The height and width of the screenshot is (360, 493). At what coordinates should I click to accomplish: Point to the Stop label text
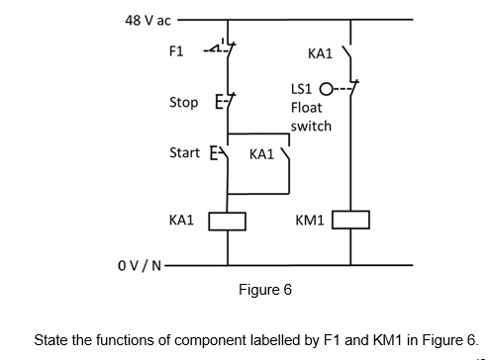coord(183,101)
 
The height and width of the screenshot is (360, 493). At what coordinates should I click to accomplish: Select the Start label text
coord(185,154)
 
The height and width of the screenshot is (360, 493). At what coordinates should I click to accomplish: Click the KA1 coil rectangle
coord(227,220)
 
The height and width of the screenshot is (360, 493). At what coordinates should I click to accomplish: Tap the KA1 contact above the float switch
coord(347,51)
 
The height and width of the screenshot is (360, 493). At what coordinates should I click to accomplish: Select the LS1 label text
coord(303,88)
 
